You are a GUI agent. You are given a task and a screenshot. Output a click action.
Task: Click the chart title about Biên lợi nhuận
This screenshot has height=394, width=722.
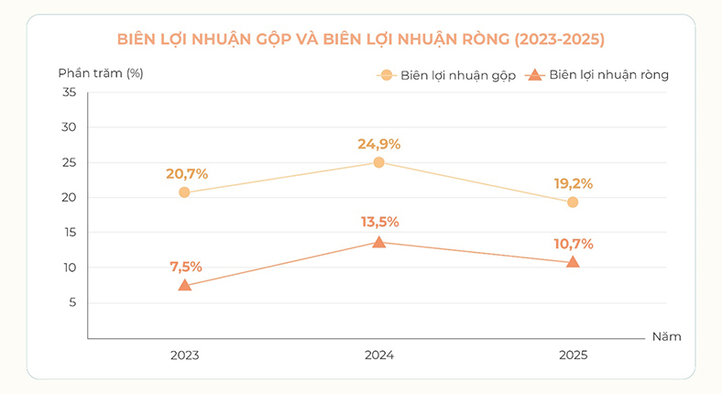tap(360, 38)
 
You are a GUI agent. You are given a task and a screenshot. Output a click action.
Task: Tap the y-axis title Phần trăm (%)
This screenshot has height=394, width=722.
tap(101, 73)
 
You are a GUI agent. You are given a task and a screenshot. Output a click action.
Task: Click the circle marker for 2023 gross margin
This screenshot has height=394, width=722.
tap(184, 192)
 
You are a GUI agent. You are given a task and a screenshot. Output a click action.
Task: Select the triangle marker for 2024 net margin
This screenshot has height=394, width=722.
tap(379, 242)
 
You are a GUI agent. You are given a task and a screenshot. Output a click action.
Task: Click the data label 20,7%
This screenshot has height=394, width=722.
tap(187, 174)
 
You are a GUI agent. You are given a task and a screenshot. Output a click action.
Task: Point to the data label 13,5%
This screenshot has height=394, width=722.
tap(380, 222)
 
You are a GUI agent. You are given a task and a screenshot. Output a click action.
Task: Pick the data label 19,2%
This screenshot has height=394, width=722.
tap(574, 183)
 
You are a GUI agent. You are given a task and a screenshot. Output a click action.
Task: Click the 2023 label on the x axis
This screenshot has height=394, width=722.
tap(185, 355)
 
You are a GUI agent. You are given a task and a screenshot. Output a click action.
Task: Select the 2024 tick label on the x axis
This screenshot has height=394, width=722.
tap(379, 355)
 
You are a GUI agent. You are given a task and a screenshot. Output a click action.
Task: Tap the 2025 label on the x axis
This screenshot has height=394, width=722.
tap(574, 355)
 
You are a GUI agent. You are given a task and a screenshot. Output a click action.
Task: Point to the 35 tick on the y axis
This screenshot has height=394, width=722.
tap(69, 92)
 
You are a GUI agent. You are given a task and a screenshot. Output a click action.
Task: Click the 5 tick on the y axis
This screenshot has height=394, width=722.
tap(72, 302)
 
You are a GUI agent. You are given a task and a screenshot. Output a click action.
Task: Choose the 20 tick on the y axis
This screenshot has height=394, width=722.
tap(69, 197)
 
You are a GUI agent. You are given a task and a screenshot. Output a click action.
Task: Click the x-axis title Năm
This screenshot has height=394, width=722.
tap(667, 336)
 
